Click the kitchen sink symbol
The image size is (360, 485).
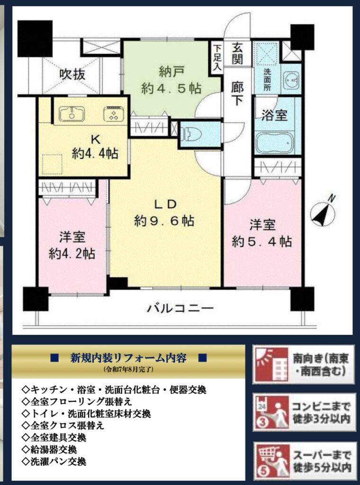point(72,115)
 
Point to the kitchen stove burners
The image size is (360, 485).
point(114,115)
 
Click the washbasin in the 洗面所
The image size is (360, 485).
point(291,79)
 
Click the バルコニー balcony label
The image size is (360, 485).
point(180,308)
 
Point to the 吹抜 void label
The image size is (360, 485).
point(72,74)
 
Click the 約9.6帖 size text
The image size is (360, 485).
point(164,221)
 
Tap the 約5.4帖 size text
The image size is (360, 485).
point(262,241)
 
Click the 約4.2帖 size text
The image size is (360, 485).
point(72,254)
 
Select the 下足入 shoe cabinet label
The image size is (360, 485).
point(218,59)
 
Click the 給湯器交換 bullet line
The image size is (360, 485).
point(50,450)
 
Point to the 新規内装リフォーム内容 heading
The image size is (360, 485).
point(128,358)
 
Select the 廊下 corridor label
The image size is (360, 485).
point(237,94)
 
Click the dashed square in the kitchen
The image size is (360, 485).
point(52,164)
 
